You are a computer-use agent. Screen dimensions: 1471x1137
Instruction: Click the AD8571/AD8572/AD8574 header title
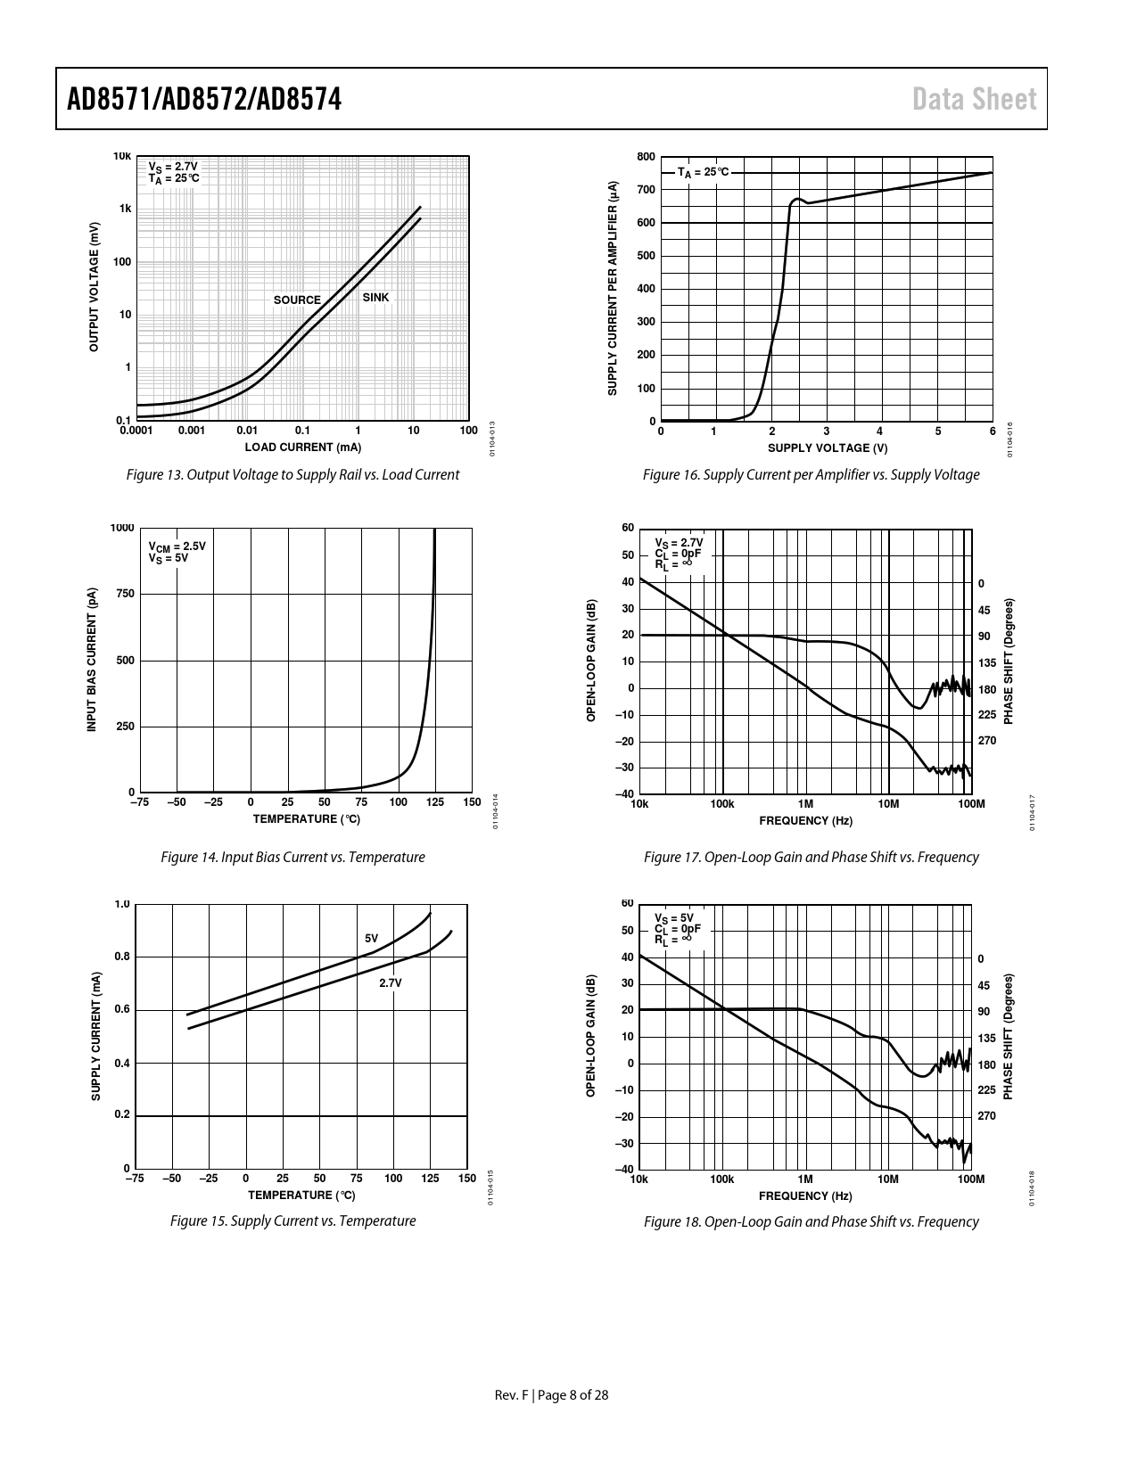[x=204, y=99]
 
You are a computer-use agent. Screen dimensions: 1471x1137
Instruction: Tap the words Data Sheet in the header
[x=975, y=99]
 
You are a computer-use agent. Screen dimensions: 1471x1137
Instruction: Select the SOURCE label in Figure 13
[x=297, y=300]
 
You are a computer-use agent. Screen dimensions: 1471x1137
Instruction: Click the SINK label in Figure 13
[x=375, y=298]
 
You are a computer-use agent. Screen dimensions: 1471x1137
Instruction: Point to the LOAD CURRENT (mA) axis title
[x=303, y=448]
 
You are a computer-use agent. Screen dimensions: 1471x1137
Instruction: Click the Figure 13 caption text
[x=292, y=475]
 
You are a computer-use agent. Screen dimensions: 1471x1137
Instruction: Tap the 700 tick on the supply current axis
[x=647, y=190]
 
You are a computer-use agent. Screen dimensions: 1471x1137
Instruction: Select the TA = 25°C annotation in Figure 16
[x=703, y=172]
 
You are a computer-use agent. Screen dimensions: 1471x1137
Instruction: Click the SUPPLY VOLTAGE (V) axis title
[x=827, y=448]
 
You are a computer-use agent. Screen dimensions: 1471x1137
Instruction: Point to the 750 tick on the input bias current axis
[x=124, y=594]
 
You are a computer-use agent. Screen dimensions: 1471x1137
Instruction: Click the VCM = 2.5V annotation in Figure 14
[x=177, y=546]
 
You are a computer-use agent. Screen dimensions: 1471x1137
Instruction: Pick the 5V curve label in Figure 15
[x=372, y=939]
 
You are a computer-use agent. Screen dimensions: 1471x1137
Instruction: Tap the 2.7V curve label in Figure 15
[x=391, y=982]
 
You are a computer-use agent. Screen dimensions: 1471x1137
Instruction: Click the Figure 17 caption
[x=811, y=858]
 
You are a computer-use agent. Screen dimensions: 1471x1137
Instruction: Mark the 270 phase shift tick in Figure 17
[x=986, y=741]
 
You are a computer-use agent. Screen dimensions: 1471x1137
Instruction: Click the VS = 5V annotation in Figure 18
[x=674, y=918]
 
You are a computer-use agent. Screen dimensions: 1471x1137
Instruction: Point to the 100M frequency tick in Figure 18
[x=970, y=1179]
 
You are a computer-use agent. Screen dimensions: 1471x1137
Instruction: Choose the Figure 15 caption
[x=292, y=1221]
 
